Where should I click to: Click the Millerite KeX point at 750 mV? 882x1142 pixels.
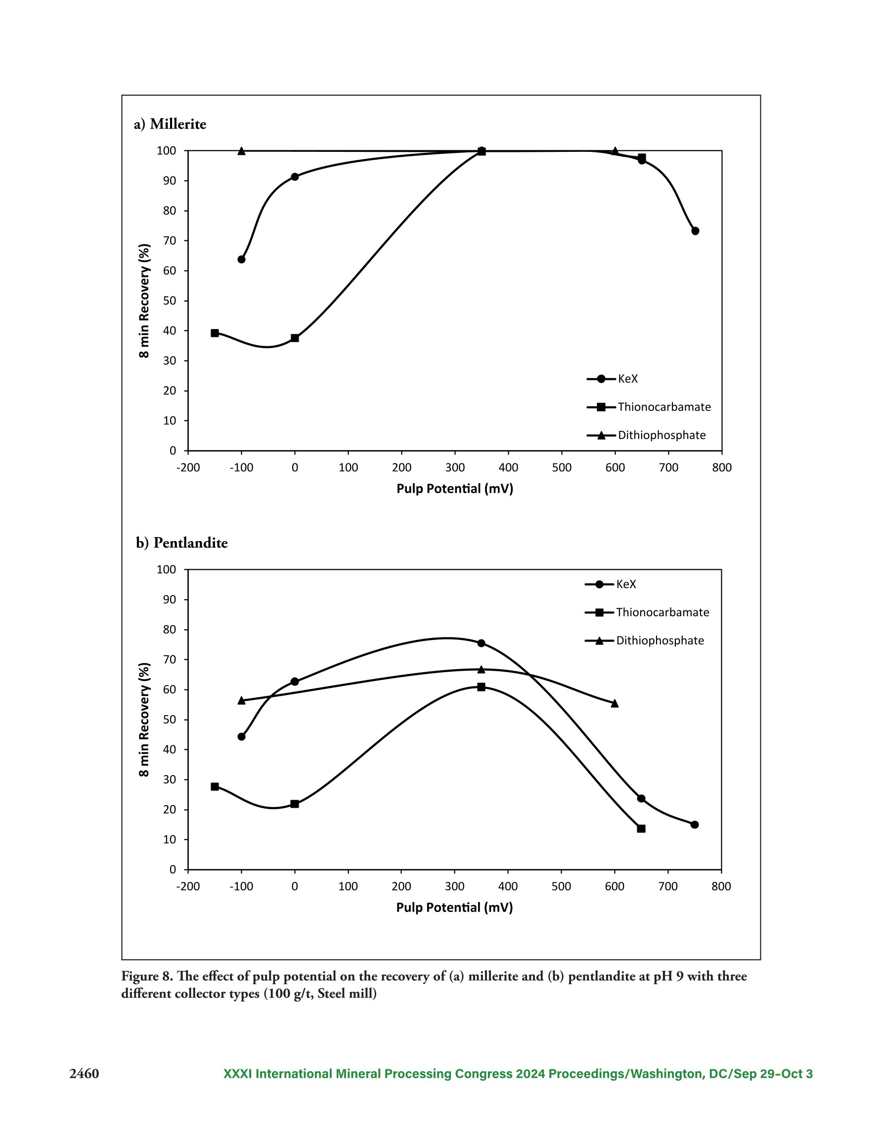pyautogui.click(x=695, y=231)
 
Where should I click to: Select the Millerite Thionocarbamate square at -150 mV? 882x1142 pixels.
pyautogui.click(x=215, y=333)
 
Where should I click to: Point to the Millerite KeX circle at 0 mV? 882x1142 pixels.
pyautogui.click(x=295, y=177)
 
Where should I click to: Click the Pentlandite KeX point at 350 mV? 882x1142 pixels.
pyautogui.click(x=481, y=643)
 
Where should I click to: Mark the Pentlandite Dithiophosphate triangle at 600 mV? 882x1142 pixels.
pyautogui.click(x=615, y=703)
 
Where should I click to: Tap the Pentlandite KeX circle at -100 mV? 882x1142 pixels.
pyautogui.click(x=242, y=737)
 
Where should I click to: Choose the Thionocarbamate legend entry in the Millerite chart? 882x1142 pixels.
pyautogui.click(x=649, y=408)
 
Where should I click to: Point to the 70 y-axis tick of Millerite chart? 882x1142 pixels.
pyautogui.click(x=170, y=241)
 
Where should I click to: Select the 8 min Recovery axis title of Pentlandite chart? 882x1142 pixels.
pyautogui.click(x=144, y=720)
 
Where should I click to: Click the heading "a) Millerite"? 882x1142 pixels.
pyautogui.click(x=170, y=125)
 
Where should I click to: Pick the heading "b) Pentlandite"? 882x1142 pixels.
pyautogui.click(x=182, y=543)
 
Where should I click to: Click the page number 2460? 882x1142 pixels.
pyautogui.click(x=84, y=1074)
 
